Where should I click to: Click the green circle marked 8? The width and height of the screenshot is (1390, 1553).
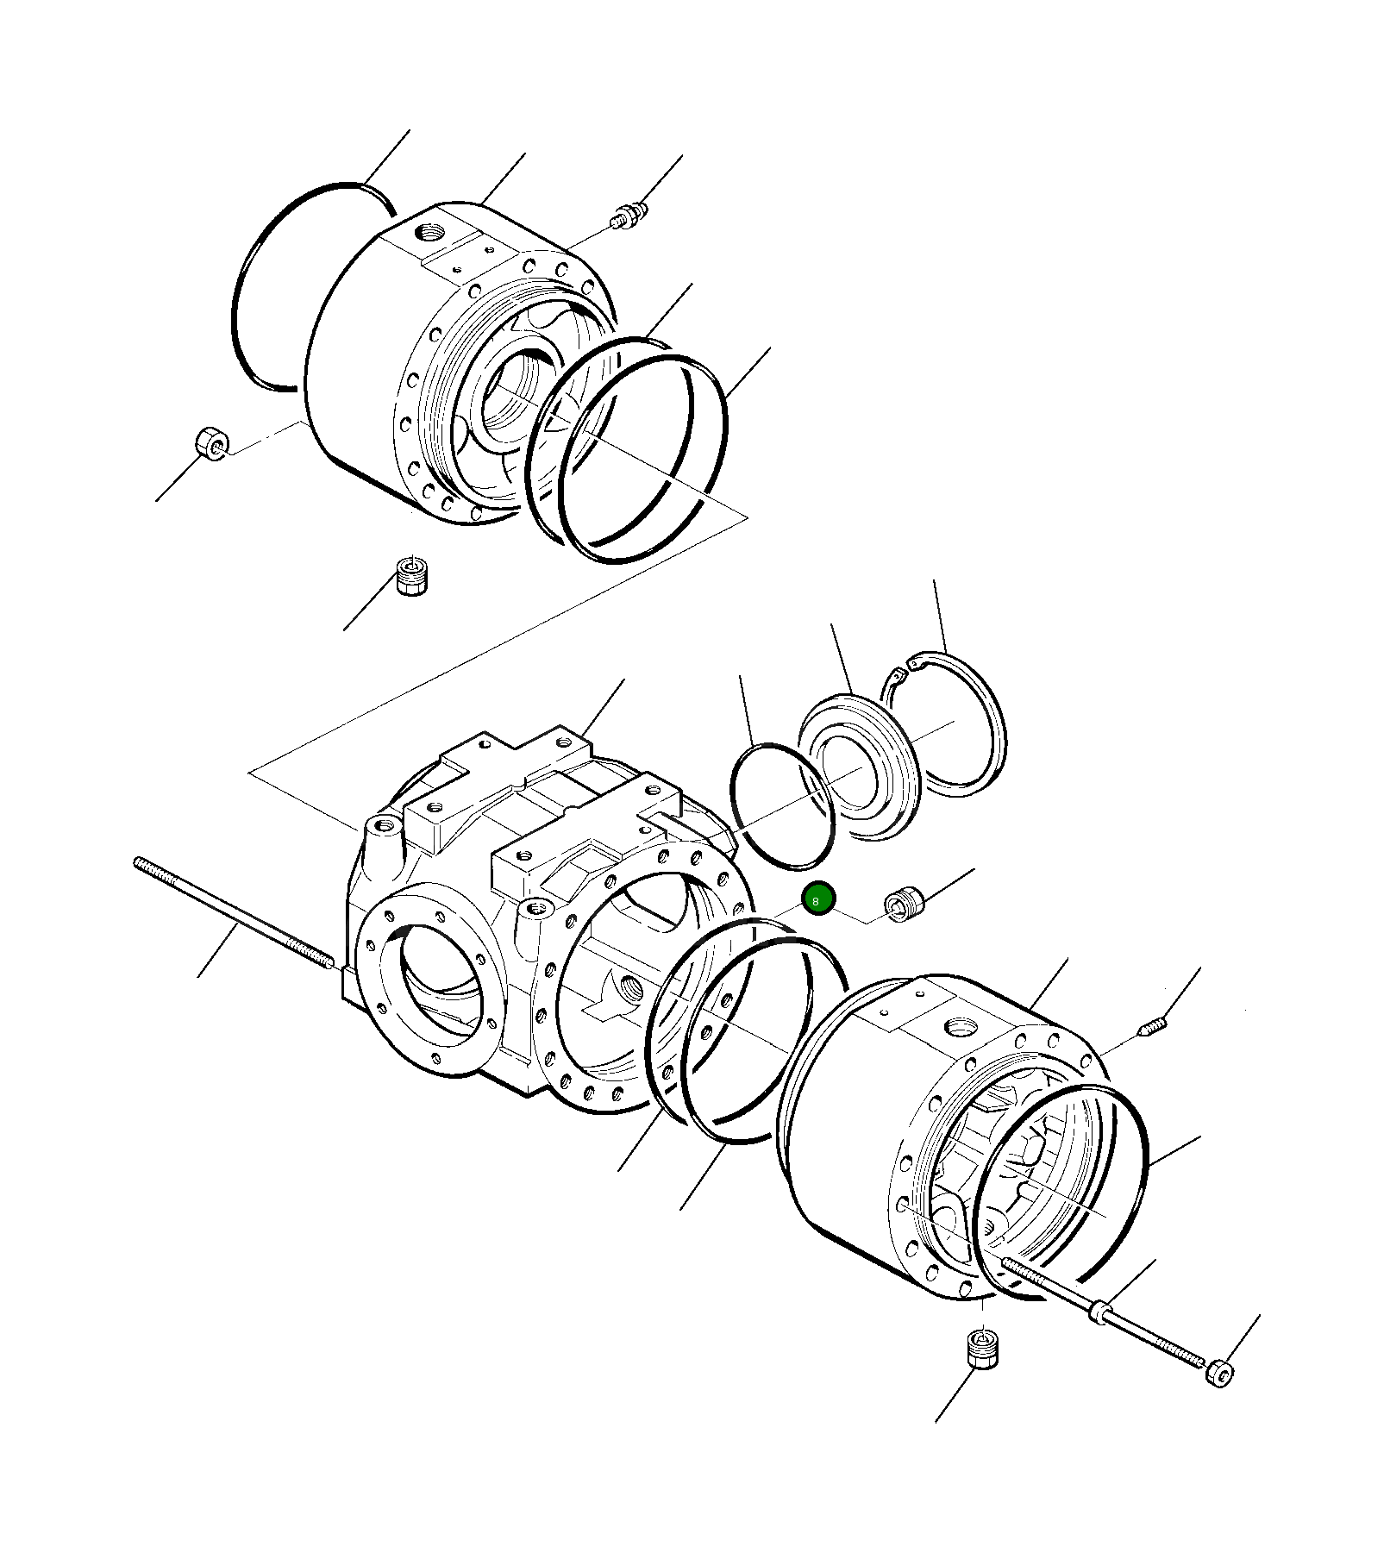(x=817, y=899)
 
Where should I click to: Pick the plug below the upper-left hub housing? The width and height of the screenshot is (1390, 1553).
(x=411, y=575)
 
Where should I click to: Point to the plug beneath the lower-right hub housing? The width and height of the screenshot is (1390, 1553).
(x=982, y=1347)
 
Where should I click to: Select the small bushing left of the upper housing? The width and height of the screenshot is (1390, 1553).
(x=211, y=443)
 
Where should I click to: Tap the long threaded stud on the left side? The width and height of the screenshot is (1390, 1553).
(x=233, y=911)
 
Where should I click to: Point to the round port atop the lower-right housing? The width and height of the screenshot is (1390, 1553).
(x=961, y=1027)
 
